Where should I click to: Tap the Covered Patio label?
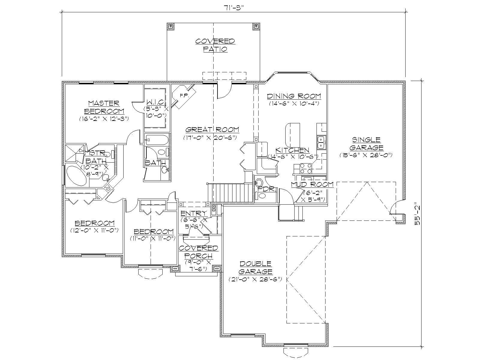[215, 45]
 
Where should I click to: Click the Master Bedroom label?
[104, 107]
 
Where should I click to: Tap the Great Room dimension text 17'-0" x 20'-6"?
[210, 138]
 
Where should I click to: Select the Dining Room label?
[294, 96]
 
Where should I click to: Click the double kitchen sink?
[321, 142]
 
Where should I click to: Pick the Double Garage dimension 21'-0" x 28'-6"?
[255, 279]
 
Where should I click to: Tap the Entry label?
[194, 213]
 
